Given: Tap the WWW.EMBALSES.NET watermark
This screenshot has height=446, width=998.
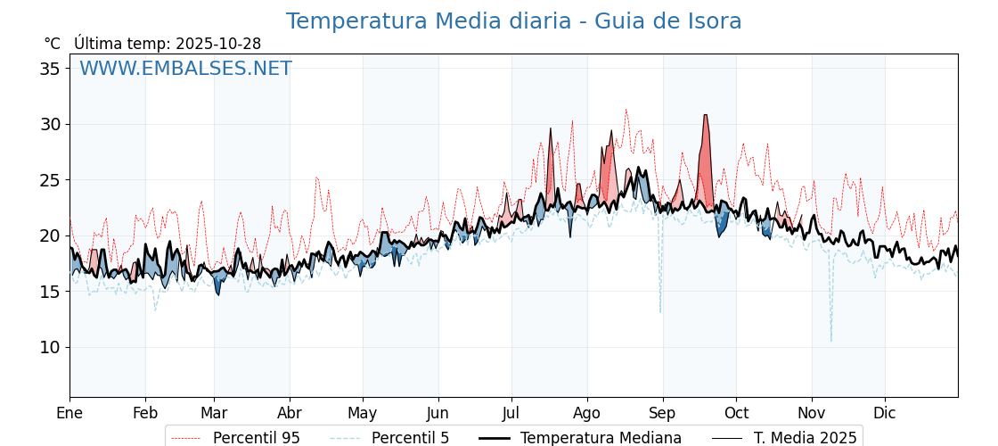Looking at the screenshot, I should (x=185, y=69).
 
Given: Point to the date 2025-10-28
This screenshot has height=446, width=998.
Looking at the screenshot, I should (x=218, y=44).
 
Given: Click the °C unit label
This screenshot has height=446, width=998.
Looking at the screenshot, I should (x=53, y=44).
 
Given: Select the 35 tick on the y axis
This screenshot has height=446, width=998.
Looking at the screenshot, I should (x=51, y=69).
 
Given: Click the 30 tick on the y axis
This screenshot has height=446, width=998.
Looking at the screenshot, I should (x=51, y=124).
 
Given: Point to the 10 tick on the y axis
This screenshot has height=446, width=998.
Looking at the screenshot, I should (x=51, y=347).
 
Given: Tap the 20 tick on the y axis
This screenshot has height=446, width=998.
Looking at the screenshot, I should (x=51, y=235).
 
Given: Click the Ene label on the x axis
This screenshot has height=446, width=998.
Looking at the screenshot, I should (x=70, y=413).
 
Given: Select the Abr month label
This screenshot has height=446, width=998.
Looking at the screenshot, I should (x=289, y=413).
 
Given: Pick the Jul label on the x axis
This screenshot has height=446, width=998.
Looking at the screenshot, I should (x=511, y=413).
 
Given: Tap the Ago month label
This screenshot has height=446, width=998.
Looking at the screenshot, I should (x=587, y=413).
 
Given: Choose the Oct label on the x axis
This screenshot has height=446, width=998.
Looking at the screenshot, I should (x=736, y=413).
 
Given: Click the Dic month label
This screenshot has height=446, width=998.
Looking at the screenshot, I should (x=885, y=413).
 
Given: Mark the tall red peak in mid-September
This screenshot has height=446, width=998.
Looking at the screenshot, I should (x=705, y=117).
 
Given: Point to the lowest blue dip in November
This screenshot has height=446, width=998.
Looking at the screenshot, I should (x=831, y=339).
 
